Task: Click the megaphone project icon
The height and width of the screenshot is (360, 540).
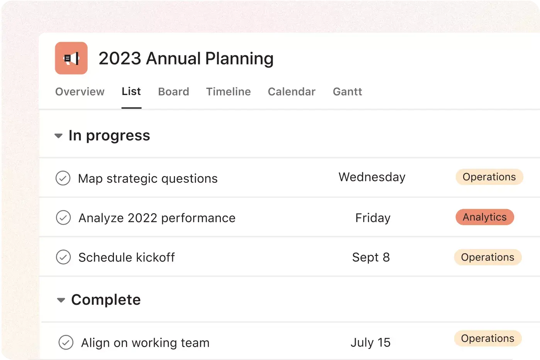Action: point(71,58)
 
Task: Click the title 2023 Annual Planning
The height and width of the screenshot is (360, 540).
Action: point(186,59)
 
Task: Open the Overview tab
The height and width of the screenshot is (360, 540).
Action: point(80,92)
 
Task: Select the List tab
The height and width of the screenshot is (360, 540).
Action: point(131,92)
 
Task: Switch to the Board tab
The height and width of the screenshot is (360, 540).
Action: point(173,92)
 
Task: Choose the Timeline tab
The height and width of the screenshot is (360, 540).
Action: point(228,92)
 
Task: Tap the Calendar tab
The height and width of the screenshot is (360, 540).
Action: point(292,92)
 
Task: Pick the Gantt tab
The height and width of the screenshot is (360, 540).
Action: point(347,92)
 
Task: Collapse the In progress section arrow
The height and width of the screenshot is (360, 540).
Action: point(59,136)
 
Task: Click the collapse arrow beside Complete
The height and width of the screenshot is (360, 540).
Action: point(61,300)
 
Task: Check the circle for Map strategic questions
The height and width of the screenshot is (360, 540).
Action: point(63,178)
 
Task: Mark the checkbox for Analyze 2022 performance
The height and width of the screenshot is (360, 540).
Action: point(63,218)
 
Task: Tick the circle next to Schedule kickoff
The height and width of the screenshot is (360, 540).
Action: point(63,257)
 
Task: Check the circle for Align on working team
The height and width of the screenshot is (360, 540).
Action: point(66,343)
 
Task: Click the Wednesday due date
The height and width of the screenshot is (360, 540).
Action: point(372,177)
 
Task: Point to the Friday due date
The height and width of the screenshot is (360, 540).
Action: point(373,218)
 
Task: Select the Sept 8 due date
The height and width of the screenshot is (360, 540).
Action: point(371,257)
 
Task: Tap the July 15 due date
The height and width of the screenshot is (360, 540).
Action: point(370,343)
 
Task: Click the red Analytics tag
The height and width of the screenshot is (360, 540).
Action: point(485,217)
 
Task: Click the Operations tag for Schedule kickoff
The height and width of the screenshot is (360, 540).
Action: point(487,257)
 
